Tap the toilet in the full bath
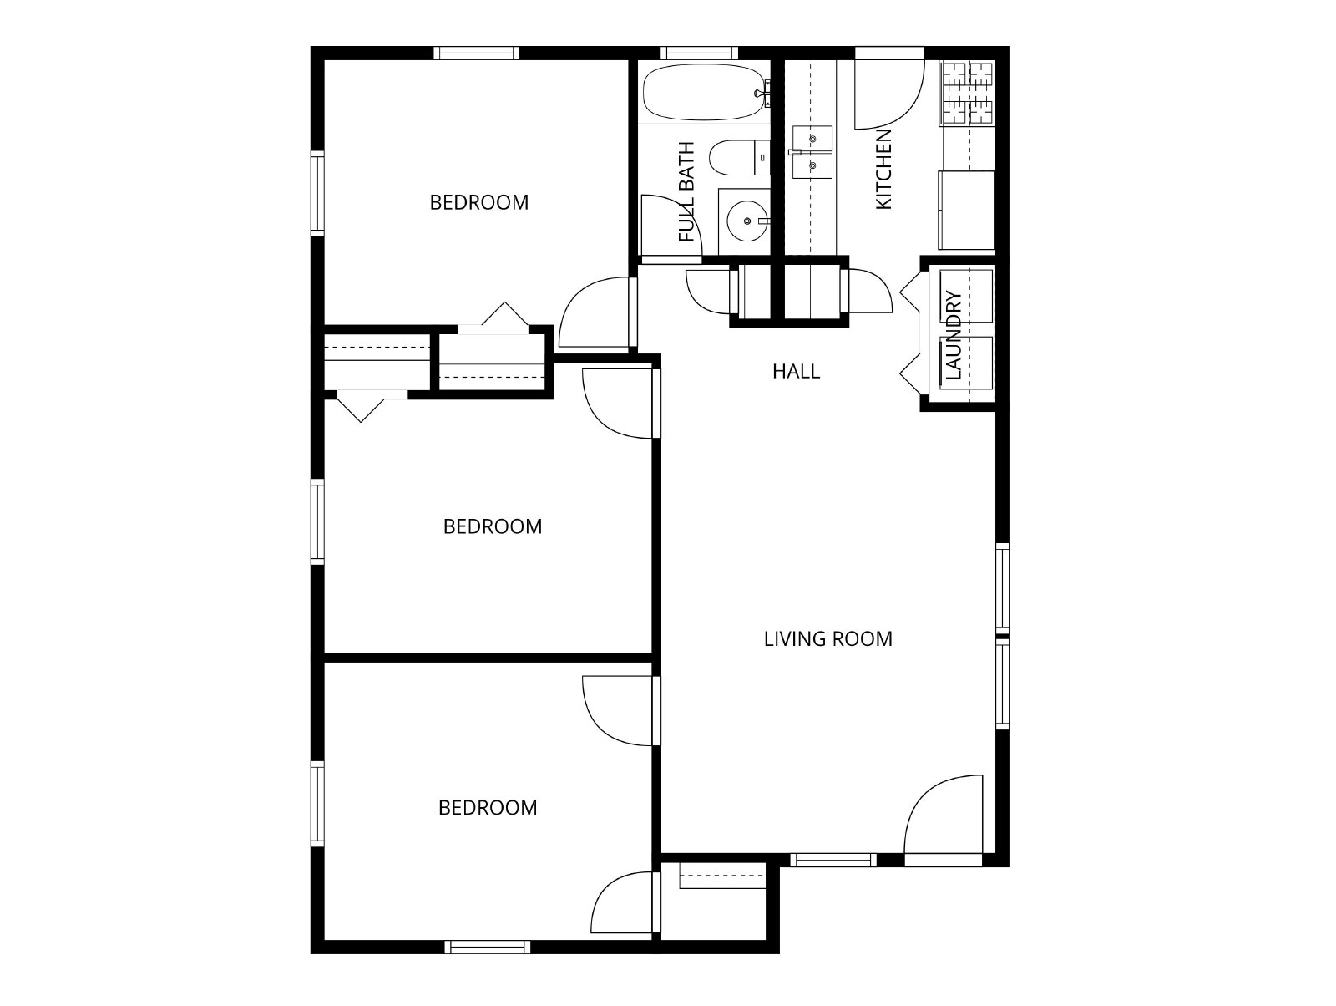(739, 158)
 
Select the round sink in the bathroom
(746, 221)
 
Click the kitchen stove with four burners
(968, 93)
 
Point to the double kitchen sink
(812, 152)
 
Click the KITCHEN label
(883, 170)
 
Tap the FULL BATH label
(686, 191)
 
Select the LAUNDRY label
(954, 335)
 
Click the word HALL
(796, 372)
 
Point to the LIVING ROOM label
(827, 639)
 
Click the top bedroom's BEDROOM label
(479, 203)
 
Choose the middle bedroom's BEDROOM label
(493, 526)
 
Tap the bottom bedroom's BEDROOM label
(488, 807)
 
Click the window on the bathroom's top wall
(699, 53)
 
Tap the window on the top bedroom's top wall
(477, 53)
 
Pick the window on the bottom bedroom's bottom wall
(487, 947)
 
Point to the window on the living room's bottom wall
(833, 860)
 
